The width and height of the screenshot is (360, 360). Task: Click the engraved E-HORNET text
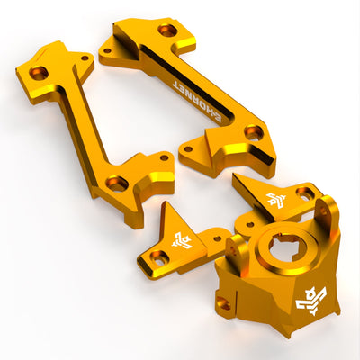click(x=197, y=101)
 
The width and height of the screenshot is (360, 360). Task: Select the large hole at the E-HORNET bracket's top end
click(x=168, y=31)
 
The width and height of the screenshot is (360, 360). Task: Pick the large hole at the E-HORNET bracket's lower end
click(x=254, y=132)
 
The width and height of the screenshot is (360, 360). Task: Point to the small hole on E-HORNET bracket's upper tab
click(x=106, y=51)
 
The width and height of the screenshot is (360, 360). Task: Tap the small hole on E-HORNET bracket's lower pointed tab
click(x=188, y=148)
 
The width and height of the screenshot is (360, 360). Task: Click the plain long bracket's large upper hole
click(x=39, y=73)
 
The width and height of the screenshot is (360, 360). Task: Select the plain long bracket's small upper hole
click(x=85, y=58)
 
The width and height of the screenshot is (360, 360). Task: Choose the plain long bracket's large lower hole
click(x=117, y=183)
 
